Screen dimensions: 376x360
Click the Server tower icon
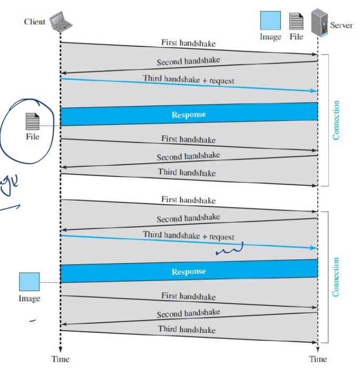[x=318, y=23]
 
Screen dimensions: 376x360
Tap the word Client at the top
[x=35, y=22]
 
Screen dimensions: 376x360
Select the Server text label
[x=341, y=25]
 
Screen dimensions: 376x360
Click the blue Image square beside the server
[x=270, y=22]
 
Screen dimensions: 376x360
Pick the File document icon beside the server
[x=296, y=22]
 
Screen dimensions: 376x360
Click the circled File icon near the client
[x=33, y=121]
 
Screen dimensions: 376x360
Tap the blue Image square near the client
[x=29, y=282]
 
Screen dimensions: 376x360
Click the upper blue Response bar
[x=189, y=114]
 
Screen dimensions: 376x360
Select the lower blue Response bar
[x=189, y=272]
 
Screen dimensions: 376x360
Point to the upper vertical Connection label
[x=336, y=120]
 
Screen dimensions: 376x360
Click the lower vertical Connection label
[x=336, y=277]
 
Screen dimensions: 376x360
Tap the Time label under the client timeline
[x=60, y=359]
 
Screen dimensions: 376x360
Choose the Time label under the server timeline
[x=318, y=359]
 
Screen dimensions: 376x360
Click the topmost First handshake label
[x=189, y=43]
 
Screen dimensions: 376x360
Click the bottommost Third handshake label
[x=187, y=329]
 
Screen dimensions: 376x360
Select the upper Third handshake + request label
[x=188, y=80]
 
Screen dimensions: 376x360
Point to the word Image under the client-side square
[x=29, y=298]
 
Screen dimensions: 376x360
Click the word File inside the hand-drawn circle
[x=33, y=137]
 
